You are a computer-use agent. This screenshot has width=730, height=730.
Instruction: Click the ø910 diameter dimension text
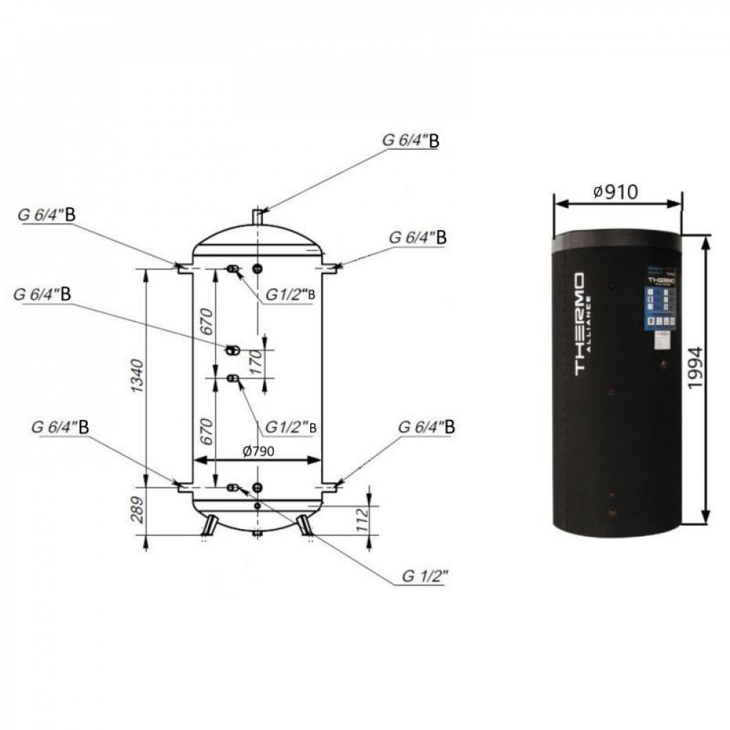click(x=616, y=192)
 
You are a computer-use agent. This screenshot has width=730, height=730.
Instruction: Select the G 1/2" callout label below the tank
click(x=424, y=577)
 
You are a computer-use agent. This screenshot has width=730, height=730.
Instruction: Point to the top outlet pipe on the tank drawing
click(x=258, y=217)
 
